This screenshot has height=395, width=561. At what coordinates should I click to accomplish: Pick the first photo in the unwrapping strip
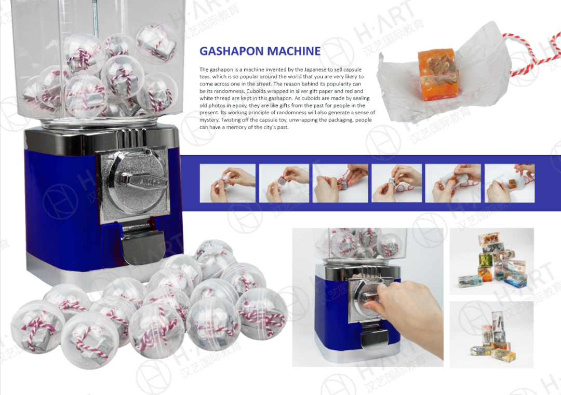coord(228,183)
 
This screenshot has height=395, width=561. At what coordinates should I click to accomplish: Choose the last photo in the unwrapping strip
coord(510,183)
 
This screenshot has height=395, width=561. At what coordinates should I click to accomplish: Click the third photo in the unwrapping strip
coord(340,183)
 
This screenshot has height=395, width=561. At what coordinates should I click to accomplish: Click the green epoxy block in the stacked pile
coord(486,260)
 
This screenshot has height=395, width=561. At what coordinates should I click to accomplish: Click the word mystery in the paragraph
coord(209,120)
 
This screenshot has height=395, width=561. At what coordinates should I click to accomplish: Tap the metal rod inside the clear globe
coord(96,18)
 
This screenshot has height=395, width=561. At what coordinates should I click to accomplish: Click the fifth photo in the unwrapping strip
coord(453,183)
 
